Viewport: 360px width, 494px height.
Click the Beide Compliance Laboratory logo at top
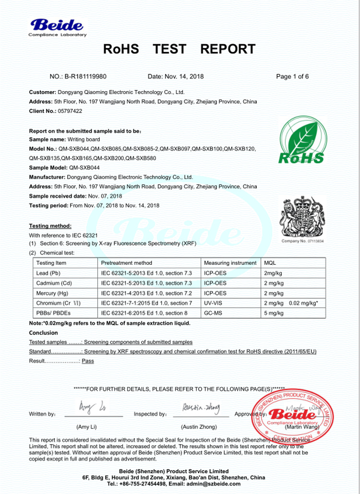[x=57, y=27]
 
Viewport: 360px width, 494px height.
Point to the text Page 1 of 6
[x=292, y=76]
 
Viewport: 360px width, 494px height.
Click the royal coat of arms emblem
[x=302, y=218]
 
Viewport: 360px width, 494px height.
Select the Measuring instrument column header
[x=230, y=263]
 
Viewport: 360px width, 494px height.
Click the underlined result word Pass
[x=88, y=361]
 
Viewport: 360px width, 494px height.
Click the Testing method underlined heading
[x=50, y=226]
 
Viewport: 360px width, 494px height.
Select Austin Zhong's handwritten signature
[x=201, y=408]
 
